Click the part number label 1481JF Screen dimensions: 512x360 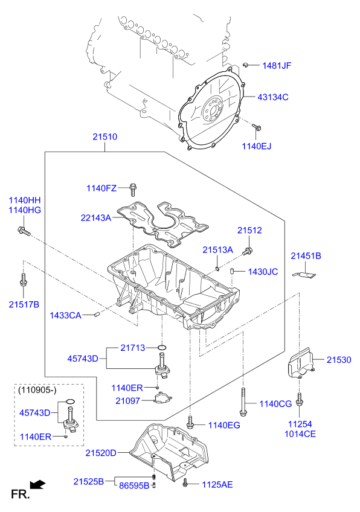coord(276,65)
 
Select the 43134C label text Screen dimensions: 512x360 coord(273,97)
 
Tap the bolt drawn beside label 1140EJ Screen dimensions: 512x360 coord(257,127)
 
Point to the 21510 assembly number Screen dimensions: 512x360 coord(104,137)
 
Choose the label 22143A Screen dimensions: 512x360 coord(96,217)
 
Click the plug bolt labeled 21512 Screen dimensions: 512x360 coord(247,250)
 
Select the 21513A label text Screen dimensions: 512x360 coord(217,249)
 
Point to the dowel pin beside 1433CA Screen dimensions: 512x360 coord(96,315)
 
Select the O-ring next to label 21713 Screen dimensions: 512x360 coord(161,347)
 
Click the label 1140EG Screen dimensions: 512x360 coord(224,426)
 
